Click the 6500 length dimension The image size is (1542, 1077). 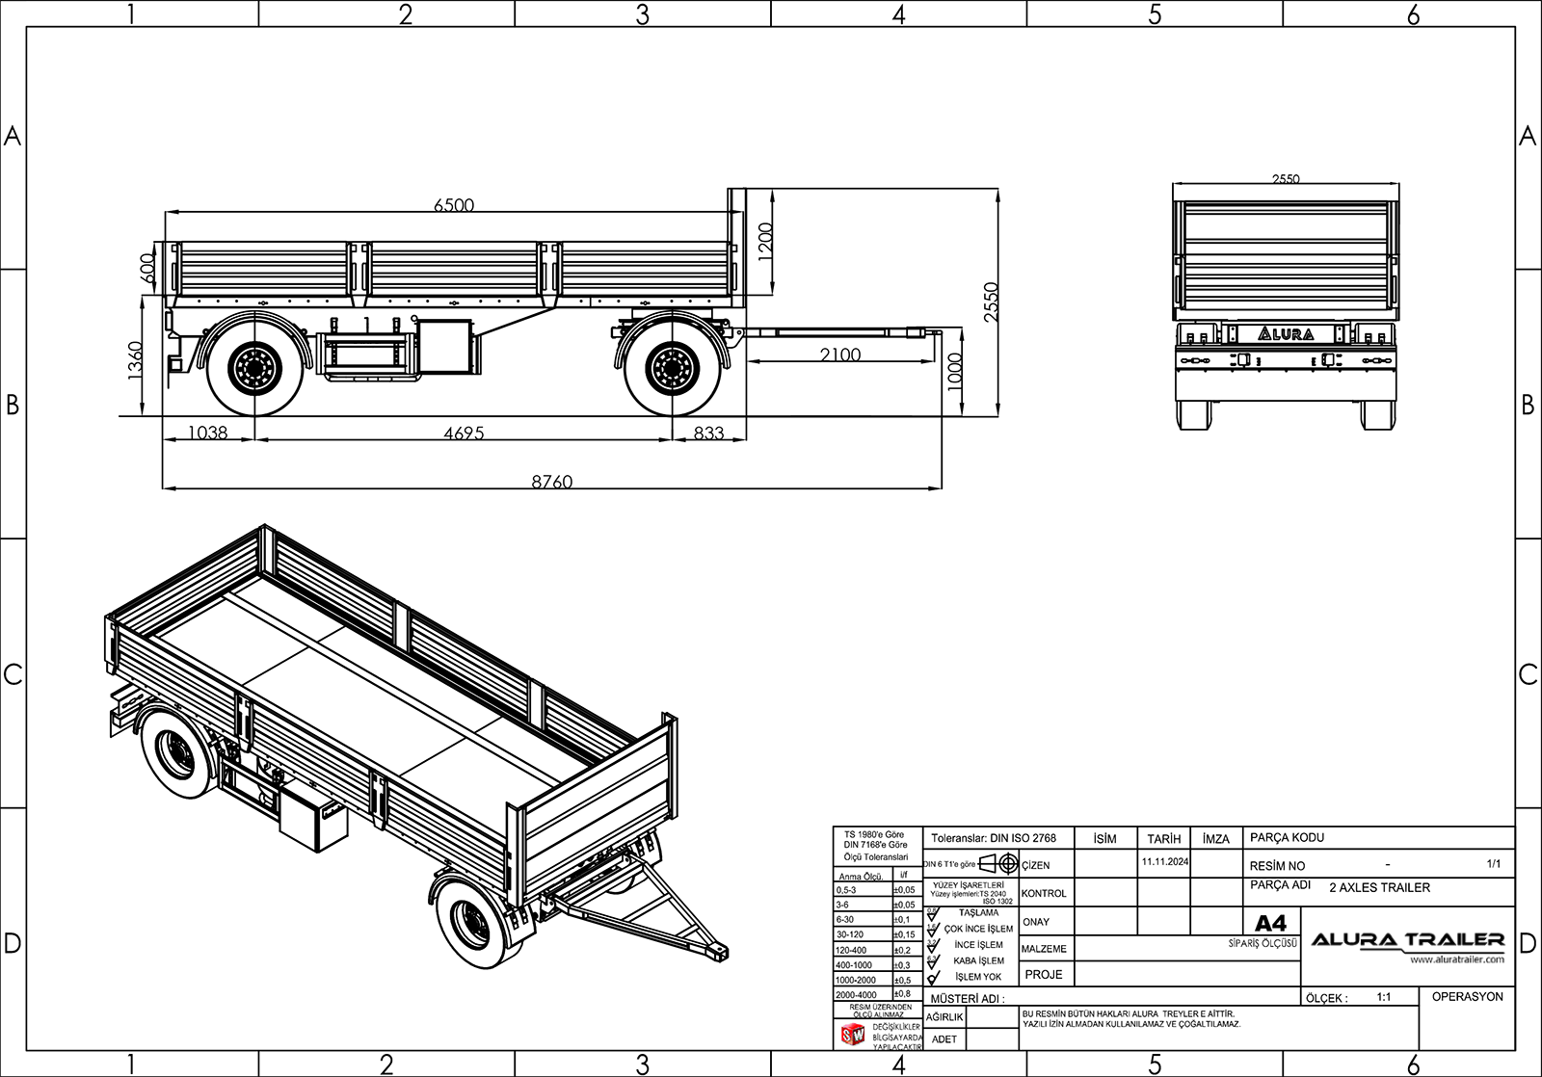click(x=454, y=205)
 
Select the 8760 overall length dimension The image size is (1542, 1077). click(x=551, y=482)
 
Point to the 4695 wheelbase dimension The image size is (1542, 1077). click(x=464, y=433)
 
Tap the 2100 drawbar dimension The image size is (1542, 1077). click(x=840, y=355)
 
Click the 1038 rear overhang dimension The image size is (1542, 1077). click(x=206, y=433)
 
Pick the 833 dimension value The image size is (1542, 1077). click(x=708, y=433)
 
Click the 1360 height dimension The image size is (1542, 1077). click(x=135, y=360)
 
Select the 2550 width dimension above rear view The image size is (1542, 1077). click(x=1286, y=179)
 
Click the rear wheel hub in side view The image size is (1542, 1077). click(x=255, y=366)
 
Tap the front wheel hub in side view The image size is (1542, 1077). click(x=672, y=367)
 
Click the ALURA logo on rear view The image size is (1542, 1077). click(x=1286, y=334)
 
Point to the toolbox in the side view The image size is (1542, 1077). click(x=447, y=346)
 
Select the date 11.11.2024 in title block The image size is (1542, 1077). click(x=1164, y=862)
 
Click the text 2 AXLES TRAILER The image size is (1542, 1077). click(x=1379, y=887)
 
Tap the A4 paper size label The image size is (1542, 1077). click(x=1270, y=923)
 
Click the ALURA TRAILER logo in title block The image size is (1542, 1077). click(x=1408, y=940)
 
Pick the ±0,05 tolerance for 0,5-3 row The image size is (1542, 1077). click(x=904, y=890)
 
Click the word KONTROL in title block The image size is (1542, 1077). click(x=1044, y=893)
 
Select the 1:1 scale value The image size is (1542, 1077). click(x=1383, y=997)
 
